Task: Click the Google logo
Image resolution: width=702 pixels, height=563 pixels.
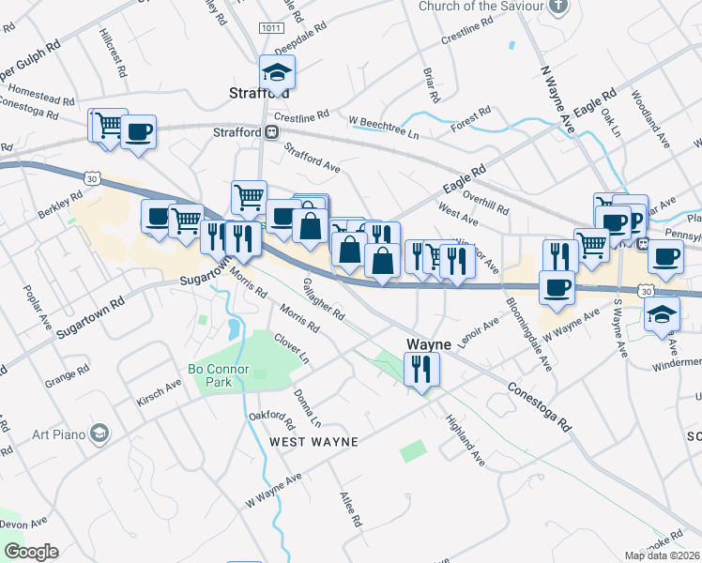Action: (31, 552)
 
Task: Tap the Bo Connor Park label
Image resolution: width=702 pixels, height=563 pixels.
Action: (218, 375)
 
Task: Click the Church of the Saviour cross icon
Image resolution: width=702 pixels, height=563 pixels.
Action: (559, 6)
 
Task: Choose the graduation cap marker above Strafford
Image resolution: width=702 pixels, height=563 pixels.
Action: (278, 71)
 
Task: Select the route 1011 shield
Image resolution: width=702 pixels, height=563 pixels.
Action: (271, 29)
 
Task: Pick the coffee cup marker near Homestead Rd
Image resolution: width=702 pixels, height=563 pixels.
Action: (138, 131)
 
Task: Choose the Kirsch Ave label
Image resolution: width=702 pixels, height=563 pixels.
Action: (160, 387)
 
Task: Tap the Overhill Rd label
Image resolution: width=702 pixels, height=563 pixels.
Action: (484, 201)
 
